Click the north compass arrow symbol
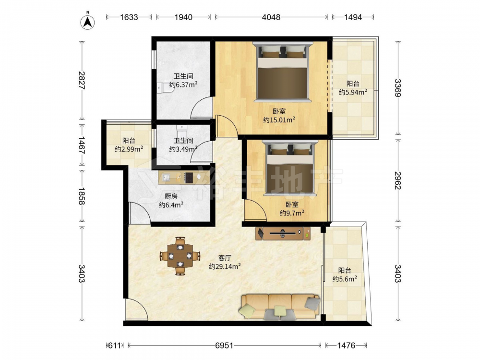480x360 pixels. point(87,21)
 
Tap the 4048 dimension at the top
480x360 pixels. point(271,17)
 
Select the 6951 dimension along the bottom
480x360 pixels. point(224,346)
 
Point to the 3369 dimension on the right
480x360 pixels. point(397,88)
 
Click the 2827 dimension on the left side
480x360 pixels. point(82,80)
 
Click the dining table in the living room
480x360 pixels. point(180,256)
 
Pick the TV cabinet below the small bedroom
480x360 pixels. point(283,234)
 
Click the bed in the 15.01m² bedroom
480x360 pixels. point(282,72)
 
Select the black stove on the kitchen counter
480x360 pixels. point(189,178)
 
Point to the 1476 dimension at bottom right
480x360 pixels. point(346,346)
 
